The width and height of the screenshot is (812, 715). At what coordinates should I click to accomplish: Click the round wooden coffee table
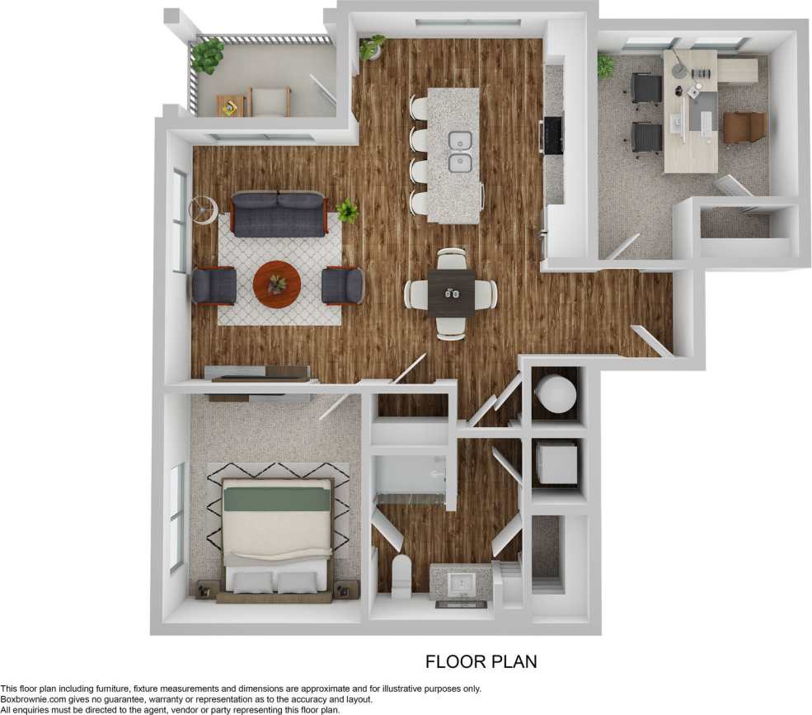click(277, 284)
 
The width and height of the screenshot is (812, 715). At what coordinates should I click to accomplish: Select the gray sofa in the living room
click(278, 214)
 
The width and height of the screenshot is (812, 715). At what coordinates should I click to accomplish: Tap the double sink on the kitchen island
click(459, 151)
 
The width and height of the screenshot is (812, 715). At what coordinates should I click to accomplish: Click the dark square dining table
click(451, 294)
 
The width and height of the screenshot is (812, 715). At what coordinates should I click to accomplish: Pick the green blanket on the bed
click(276, 499)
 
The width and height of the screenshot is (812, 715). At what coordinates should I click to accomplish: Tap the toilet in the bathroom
click(401, 576)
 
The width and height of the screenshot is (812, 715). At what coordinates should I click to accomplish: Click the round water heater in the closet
click(555, 393)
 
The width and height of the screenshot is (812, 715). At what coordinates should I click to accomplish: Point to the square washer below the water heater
click(557, 463)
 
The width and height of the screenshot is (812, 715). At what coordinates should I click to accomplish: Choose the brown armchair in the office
click(745, 127)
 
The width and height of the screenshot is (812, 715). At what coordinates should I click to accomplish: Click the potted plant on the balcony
click(207, 55)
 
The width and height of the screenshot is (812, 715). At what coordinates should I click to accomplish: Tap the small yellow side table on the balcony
click(229, 106)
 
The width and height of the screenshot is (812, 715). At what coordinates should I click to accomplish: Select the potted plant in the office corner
click(606, 65)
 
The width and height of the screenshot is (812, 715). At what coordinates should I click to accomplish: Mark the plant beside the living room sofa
click(348, 211)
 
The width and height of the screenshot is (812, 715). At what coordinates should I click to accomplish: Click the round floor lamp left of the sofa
click(202, 209)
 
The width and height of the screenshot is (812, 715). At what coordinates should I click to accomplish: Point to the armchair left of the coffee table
click(214, 285)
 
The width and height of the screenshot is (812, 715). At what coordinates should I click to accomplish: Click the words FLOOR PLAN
click(481, 661)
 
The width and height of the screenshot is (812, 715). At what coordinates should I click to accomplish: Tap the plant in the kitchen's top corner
click(372, 46)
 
